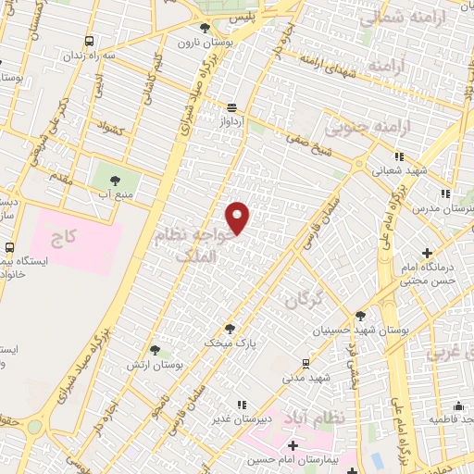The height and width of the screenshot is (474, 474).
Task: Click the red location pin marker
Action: (x=239, y=218)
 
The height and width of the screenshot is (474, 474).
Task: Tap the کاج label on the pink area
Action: (x=63, y=239)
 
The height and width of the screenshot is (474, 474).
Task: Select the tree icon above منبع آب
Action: (x=116, y=181)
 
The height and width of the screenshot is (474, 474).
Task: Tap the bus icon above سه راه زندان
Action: (x=89, y=42)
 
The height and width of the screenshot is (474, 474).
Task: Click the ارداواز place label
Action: (x=231, y=121)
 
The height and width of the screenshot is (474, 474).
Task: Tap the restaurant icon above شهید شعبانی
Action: (x=399, y=156)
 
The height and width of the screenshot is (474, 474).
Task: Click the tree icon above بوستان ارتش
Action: (x=154, y=350)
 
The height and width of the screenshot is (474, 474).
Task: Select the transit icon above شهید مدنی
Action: (x=306, y=363)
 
